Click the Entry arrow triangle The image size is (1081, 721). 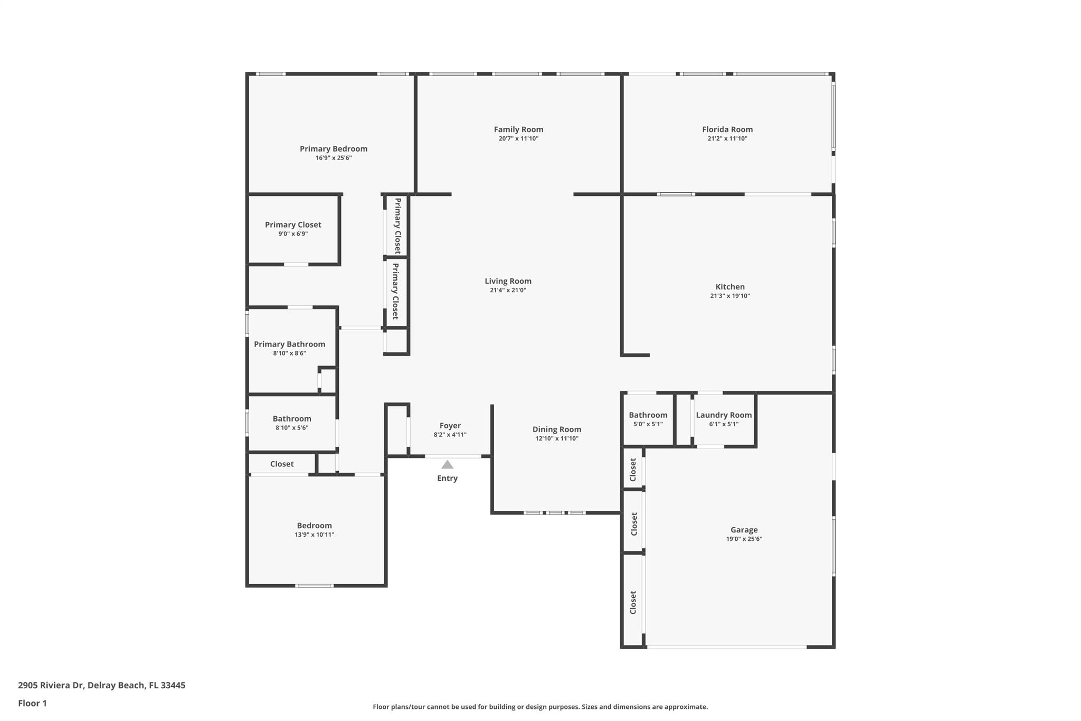[447, 465]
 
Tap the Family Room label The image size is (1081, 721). [518, 129]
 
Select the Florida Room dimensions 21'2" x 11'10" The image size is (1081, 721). [727, 139]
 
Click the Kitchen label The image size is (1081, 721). [730, 287]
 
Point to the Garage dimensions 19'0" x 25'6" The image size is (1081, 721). [744, 539]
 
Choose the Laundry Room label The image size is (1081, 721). [724, 415]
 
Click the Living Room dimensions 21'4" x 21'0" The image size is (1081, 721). [508, 291]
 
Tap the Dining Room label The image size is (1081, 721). [556, 429]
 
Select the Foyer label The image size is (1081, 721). [450, 426]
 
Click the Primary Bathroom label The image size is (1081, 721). [289, 344]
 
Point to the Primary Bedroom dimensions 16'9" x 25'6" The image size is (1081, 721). [334, 158]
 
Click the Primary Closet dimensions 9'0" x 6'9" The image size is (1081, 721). [293, 234]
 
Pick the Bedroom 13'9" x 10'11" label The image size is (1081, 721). [314, 526]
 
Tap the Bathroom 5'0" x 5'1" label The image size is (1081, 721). [648, 415]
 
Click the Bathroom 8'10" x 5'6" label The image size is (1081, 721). [292, 419]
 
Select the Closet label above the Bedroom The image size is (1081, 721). [282, 464]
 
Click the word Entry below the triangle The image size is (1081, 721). [447, 479]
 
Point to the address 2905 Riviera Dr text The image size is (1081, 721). [101, 686]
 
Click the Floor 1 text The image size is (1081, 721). [32, 704]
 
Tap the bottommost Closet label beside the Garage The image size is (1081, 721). [633, 602]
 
